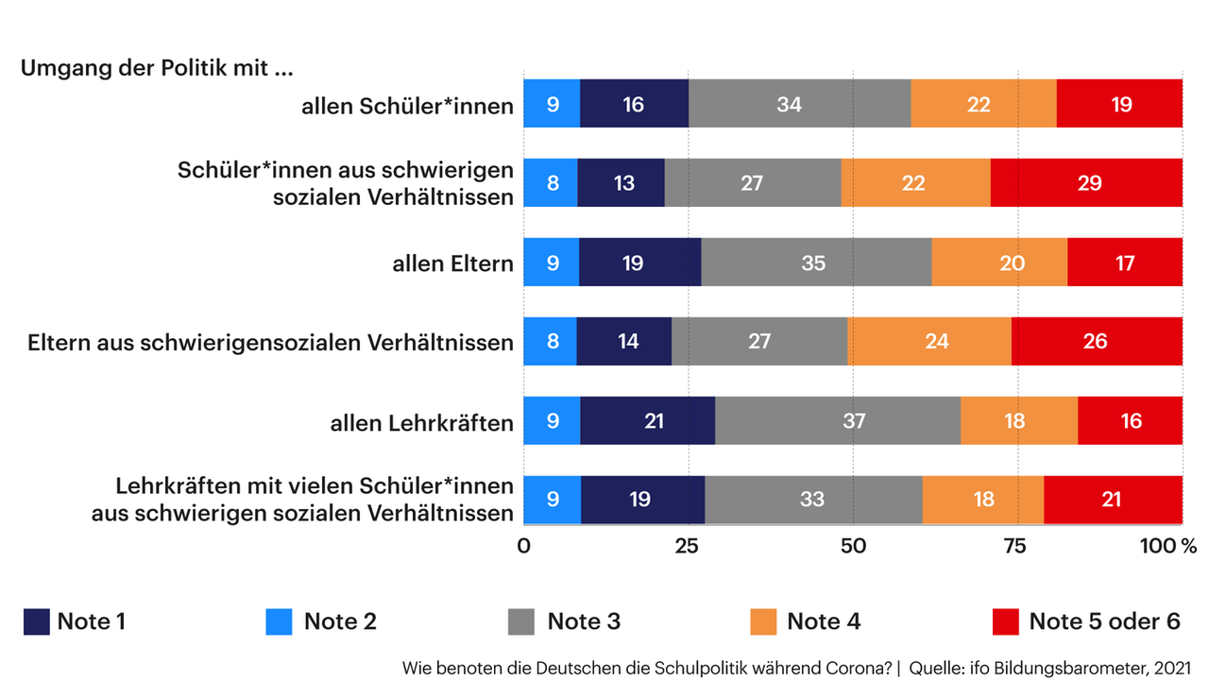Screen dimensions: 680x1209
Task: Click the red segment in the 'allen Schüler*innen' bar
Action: pyautogui.click(x=1119, y=104)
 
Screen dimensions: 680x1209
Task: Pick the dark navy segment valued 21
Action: pyautogui.click(x=654, y=421)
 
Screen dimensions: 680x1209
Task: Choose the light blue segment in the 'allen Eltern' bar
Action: pyautogui.click(x=552, y=263)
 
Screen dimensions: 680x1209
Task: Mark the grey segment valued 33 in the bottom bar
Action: pyautogui.click(x=813, y=500)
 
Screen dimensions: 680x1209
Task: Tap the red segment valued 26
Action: pyautogui.click(x=1096, y=342)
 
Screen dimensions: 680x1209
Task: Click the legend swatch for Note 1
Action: pyautogui.click(x=36, y=621)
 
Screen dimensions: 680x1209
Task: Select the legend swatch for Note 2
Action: pyautogui.click(x=279, y=621)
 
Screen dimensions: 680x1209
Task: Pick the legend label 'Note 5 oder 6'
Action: pyautogui.click(x=1104, y=621)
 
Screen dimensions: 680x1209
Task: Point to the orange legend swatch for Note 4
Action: pyautogui.click(x=763, y=621)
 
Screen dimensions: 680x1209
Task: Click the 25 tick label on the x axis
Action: pyautogui.click(x=687, y=547)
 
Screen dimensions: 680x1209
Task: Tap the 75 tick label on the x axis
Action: pyautogui.click(x=1014, y=547)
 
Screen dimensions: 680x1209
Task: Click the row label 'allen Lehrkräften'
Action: pyautogui.click(x=421, y=422)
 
